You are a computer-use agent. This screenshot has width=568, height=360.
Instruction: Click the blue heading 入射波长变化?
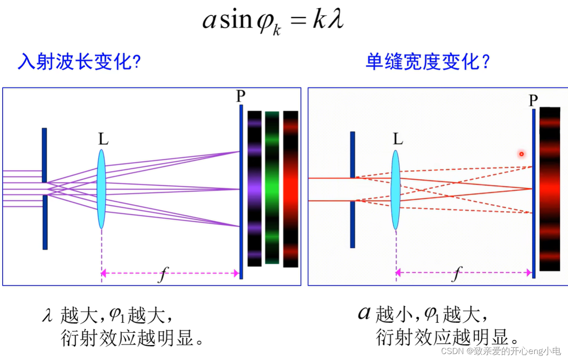coord(79,62)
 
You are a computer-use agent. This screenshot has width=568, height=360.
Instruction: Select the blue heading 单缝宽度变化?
coord(427,62)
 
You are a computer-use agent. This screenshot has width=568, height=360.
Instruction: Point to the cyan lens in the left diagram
coord(101,189)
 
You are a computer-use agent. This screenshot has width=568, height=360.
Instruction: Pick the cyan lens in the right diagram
coord(396,189)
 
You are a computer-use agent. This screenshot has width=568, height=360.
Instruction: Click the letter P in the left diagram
coord(241,96)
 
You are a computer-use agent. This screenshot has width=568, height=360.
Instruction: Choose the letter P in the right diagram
coord(533,100)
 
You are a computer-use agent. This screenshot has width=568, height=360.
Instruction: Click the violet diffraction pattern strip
coord(254,188)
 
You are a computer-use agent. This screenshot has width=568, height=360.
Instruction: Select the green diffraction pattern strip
coord(272,188)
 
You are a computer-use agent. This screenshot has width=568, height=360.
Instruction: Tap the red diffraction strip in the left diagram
coord(290,189)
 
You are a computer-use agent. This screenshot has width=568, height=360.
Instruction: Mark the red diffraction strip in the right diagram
coord(549,189)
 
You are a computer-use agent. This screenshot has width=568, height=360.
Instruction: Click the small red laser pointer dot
coord(522,154)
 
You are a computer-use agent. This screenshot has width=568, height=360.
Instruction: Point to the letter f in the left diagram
coord(162,275)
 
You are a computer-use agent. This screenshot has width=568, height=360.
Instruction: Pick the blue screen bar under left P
coord(241,191)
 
